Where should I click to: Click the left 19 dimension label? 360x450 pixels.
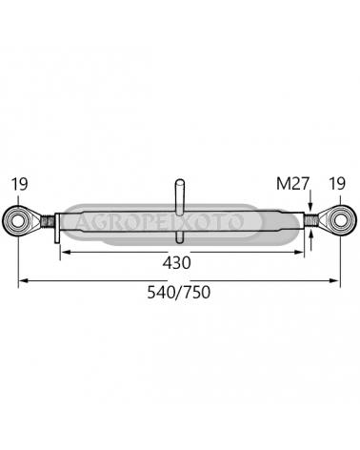coord(20,184)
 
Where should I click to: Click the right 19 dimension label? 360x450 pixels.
coord(337,184)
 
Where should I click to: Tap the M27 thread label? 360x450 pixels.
coord(292,184)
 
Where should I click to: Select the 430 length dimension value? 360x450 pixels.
coord(177,263)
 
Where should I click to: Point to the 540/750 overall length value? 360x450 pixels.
coord(179,293)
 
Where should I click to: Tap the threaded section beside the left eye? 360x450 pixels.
coord(48,221)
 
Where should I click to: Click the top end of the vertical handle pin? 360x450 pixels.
coord(180,180)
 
